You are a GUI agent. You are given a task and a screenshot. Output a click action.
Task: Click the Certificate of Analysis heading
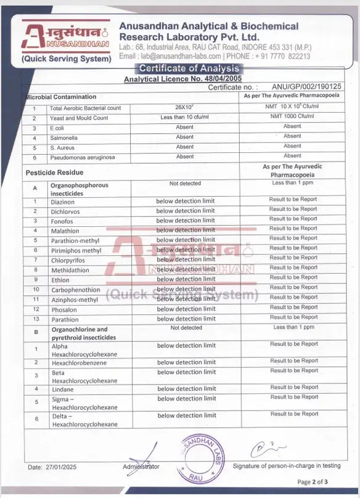189,68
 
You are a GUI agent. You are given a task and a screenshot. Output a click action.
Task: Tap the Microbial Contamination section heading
60,97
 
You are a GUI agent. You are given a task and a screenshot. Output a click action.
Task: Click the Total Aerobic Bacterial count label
86,108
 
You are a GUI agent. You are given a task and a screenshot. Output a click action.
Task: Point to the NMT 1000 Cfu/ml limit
292,117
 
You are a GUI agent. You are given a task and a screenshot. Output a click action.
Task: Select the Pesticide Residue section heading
54,173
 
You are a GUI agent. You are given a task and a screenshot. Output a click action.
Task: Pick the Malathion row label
65,231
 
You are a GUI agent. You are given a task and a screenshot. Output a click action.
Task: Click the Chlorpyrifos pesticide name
69,260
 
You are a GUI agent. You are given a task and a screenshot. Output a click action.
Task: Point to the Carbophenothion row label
75,289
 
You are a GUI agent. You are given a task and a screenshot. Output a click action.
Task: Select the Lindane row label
62,390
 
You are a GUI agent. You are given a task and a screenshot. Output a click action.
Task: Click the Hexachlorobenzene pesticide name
78,363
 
